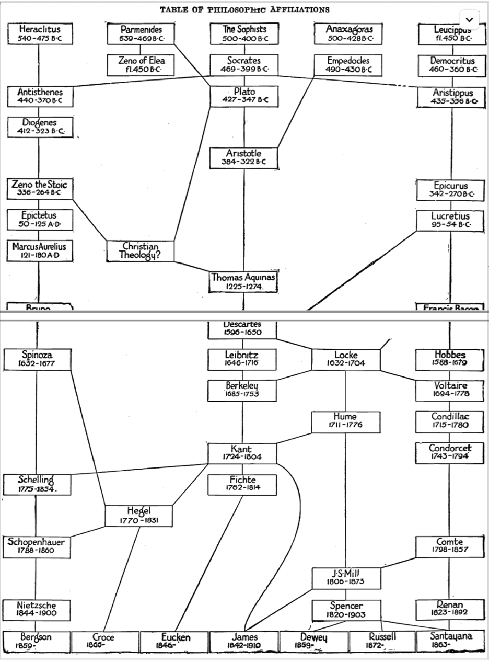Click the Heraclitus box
tap(39, 33)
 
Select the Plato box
tap(244, 95)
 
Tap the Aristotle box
tap(243, 157)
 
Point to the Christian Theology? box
tap(140, 250)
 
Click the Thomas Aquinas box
tap(243, 282)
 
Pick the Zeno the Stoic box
tap(39, 189)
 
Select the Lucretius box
tap(450, 220)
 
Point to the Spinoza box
tap(37, 359)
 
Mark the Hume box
tap(345, 421)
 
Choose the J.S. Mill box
tap(345, 577)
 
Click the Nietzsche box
tap(36, 609)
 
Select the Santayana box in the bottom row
tap(451, 641)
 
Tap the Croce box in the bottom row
tap(103, 641)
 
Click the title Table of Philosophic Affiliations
tap(245, 9)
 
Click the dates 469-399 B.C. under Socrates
tap(244, 70)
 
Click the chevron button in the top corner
tap(469, 20)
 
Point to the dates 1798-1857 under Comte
tap(450, 550)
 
